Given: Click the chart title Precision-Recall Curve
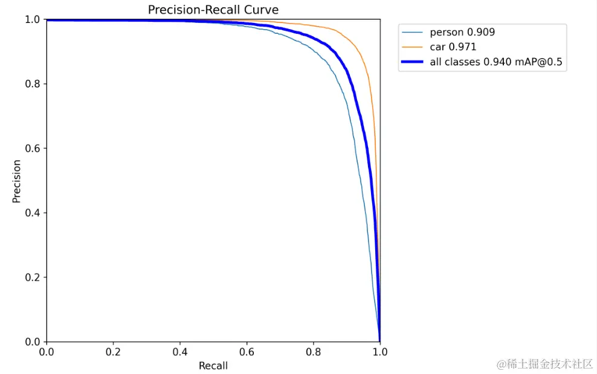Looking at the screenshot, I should (213, 10).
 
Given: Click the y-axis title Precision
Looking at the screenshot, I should (17, 181).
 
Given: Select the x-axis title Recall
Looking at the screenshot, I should (213, 366).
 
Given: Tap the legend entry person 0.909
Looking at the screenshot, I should (462, 32).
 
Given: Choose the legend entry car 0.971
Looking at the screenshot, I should (453, 47).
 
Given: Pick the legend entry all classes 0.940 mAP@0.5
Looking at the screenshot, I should (498, 62).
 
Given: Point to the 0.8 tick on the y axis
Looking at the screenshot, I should (33, 84).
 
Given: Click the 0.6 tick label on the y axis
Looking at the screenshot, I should (33, 149).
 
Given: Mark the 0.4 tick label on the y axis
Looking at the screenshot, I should (33, 213).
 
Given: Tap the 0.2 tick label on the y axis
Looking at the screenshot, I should (33, 278).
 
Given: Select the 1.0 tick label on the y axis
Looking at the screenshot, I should (33, 19).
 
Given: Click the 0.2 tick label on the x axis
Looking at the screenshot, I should (113, 352).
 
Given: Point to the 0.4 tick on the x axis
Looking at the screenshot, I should (180, 352).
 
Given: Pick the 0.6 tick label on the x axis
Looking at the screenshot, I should (247, 352).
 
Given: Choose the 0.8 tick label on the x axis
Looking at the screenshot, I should (313, 352).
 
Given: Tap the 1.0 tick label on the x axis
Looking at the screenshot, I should (379, 352).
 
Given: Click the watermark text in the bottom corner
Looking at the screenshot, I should (544, 364).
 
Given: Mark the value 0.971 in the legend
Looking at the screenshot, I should (463, 47).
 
